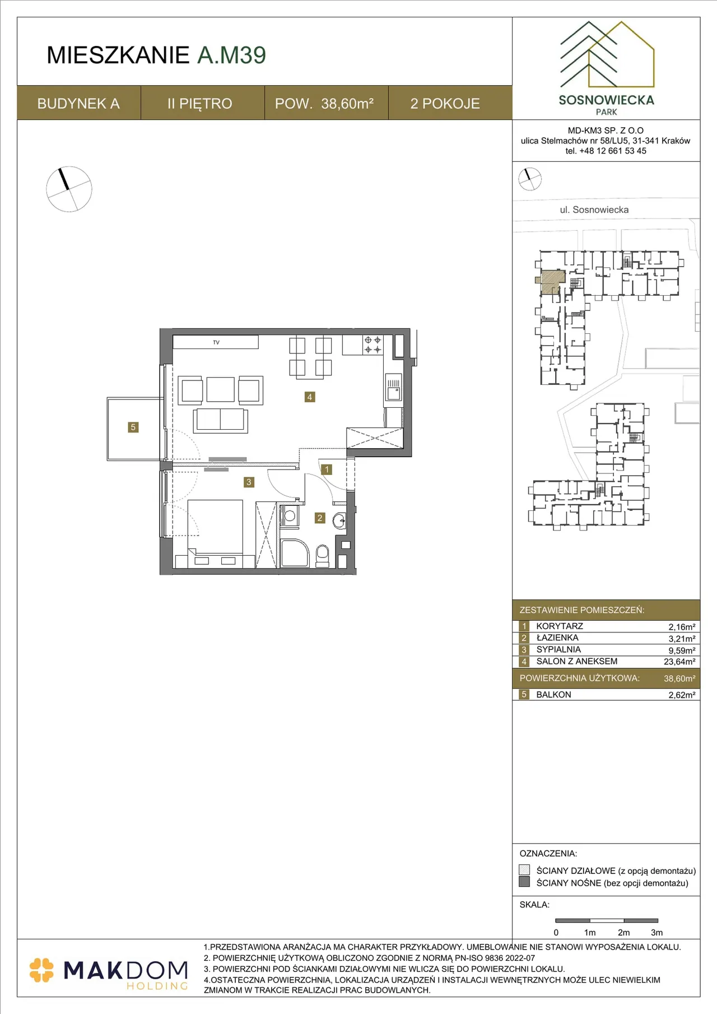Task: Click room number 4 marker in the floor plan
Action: pyautogui.click(x=310, y=397)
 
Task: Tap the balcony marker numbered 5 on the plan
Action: pyautogui.click(x=133, y=427)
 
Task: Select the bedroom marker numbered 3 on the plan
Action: pyautogui.click(x=249, y=482)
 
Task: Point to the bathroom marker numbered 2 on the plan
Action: pyautogui.click(x=320, y=518)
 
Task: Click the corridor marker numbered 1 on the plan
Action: pyautogui.click(x=327, y=469)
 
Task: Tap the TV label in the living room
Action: pyautogui.click(x=216, y=342)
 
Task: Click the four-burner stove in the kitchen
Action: pyautogui.click(x=373, y=345)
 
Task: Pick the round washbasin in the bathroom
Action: pyautogui.click(x=339, y=521)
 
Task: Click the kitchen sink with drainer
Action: pyautogui.click(x=394, y=387)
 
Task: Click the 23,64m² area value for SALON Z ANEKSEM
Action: pyautogui.click(x=679, y=662)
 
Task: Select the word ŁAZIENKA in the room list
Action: pyautogui.click(x=557, y=638)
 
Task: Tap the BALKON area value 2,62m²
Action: pyautogui.click(x=682, y=695)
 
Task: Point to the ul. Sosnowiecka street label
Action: pyautogui.click(x=594, y=210)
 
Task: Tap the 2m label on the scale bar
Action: pyautogui.click(x=623, y=933)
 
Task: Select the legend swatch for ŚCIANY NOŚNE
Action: pyautogui.click(x=524, y=882)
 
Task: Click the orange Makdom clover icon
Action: pyautogui.click(x=41, y=970)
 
